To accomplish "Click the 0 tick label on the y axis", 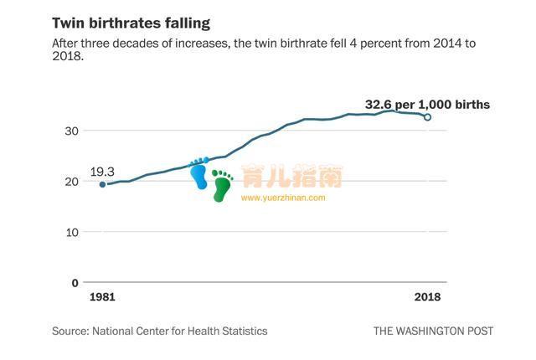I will [75, 283].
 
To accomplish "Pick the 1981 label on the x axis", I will [101, 298].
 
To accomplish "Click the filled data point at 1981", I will [102, 184].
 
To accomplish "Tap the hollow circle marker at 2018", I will [428, 117].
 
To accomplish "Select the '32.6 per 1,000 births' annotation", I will [427, 105].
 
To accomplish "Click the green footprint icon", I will [222, 186].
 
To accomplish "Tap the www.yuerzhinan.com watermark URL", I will [283, 198].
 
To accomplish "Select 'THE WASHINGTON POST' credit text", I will [433, 331].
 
